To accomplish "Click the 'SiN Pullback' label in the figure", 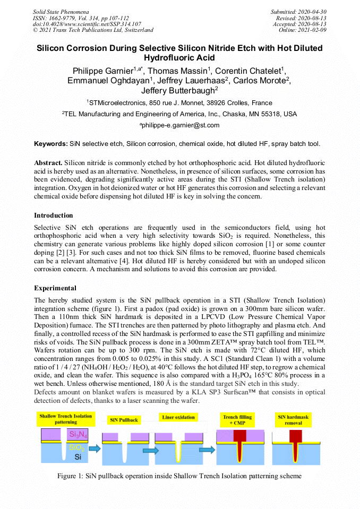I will (124, 420).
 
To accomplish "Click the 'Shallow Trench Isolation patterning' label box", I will (65, 419).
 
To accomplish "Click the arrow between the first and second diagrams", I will (95, 449).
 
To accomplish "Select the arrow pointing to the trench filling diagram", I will (206, 449).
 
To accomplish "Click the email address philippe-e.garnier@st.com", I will (180, 125).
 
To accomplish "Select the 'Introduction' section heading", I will (54, 215).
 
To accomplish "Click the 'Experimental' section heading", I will (55, 288).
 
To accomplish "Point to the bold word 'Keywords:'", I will (50, 144).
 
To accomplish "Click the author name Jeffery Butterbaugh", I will (179, 90).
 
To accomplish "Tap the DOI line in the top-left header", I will (87, 24).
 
